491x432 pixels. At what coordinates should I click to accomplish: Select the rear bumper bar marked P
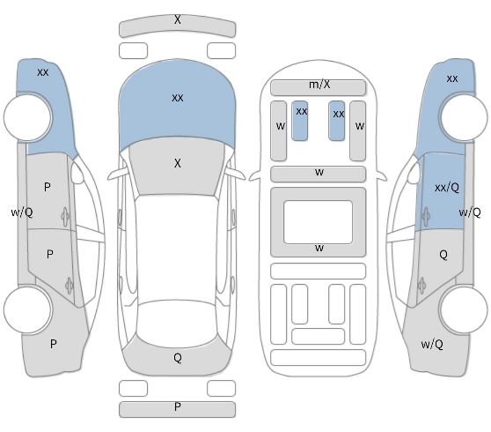click(x=177, y=409)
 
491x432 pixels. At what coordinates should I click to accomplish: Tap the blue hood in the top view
click(x=177, y=101)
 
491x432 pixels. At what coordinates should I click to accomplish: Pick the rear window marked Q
click(x=177, y=358)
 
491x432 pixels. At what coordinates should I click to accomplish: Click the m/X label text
click(x=319, y=85)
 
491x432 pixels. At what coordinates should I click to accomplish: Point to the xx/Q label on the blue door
click(x=447, y=188)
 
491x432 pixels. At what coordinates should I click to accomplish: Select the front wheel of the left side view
click(x=27, y=116)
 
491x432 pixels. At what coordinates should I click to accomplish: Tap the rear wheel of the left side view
click(x=27, y=309)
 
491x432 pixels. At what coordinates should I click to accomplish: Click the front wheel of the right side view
click(x=464, y=116)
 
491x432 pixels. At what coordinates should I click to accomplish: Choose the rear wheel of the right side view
click(x=464, y=309)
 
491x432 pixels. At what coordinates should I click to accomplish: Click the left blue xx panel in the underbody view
click(x=300, y=121)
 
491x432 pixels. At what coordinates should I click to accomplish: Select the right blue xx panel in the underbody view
click(x=337, y=121)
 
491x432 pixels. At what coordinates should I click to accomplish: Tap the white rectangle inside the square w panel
click(x=319, y=222)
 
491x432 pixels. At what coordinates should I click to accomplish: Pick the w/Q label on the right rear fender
click(x=432, y=345)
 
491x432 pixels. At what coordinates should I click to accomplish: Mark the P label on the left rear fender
click(x=53, y=344)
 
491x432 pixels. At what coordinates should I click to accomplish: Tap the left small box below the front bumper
click(x=133, y=50)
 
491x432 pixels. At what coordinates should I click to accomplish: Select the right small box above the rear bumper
click(x=222, y=388)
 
